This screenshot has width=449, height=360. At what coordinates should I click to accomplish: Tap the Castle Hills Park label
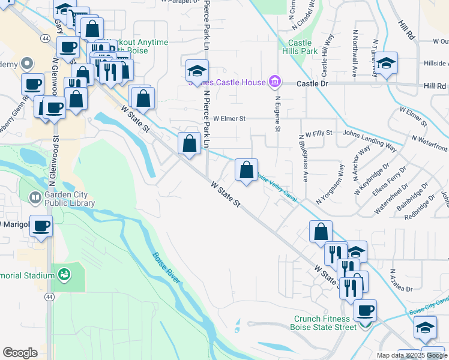coord(303,47)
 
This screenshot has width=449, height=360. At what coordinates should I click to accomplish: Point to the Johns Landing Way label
coord(369,139)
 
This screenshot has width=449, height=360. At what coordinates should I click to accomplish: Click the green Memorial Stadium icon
coord(64,275)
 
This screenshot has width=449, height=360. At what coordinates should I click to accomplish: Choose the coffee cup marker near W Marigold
coord(41,227)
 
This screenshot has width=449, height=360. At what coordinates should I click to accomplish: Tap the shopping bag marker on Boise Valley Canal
coord(247,170)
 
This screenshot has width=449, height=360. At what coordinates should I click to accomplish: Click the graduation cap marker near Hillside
coord(386,64)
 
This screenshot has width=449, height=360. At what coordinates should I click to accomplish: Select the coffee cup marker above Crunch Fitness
coord(364,311)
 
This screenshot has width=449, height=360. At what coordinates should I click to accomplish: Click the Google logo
coord(20,353)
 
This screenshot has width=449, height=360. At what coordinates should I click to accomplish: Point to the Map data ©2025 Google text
coord(412,355)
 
